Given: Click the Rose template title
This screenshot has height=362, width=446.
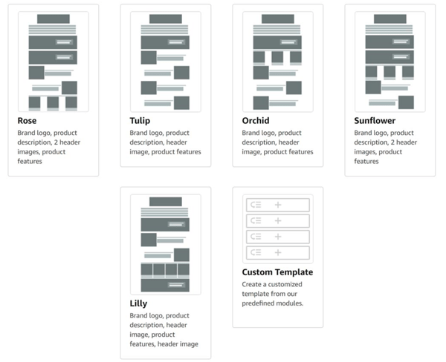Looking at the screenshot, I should click(x=28, y=121).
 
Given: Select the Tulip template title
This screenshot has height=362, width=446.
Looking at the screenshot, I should click(x=140, y=121).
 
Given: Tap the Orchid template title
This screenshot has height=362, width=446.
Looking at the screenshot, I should click(x=256, y=121).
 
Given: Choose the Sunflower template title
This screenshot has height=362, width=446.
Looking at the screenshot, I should click(x=375, y=121).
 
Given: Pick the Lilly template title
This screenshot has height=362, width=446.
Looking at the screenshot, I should click(x=139, y=303).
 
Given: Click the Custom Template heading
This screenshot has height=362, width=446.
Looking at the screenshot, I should click(x=277, y=272).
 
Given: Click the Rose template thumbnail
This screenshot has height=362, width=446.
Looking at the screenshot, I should click(x=53, y=62).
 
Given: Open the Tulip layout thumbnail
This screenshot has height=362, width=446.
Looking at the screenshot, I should click(x=165, y=62).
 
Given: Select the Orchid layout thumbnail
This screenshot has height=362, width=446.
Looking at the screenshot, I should click(x=277, y=62).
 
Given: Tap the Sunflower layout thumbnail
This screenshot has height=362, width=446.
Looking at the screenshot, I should click(x=390, y=62).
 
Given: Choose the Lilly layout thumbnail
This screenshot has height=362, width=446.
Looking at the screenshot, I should click(x=165, y=244).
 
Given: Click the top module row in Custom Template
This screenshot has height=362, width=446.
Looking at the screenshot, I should click(x=277, y=204).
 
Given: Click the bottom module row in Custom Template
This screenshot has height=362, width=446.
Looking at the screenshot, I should click(x=277, y=252).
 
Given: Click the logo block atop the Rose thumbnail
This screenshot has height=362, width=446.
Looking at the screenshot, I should click(x=53, y=19).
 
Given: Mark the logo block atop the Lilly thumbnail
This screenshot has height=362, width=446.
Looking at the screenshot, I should click(x=165, y=201).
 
